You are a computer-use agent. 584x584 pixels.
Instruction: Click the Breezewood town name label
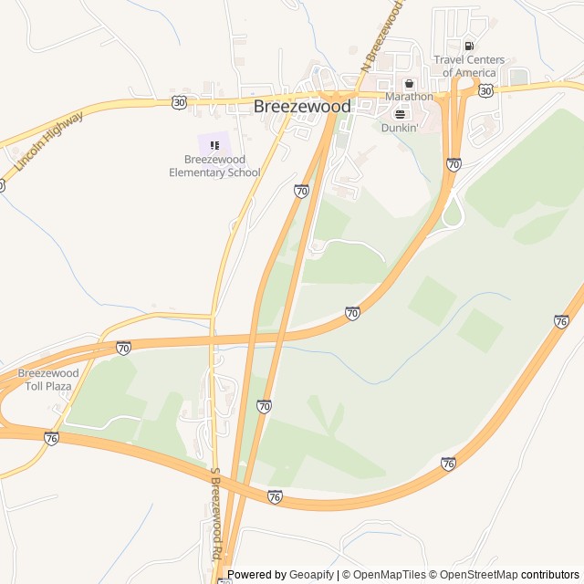(x=301, y=107)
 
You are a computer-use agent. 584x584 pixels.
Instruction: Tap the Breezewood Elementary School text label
(x=214, y=166)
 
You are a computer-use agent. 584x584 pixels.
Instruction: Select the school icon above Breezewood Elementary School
(x=214, y=144)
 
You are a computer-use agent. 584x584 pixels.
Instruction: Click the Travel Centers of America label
(x=469, y=67)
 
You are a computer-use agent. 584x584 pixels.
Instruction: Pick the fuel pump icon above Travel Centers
(x=469, y=47)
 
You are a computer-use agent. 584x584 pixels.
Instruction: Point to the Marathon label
(x=409, y=96)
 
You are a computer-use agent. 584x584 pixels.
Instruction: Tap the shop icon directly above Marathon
(x=409, y=83)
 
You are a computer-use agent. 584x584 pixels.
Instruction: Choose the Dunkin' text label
(x=400, y=128)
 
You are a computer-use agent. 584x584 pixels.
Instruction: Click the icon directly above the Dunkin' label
(x=400, y=114)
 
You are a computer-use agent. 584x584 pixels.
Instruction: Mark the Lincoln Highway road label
(x=49, y=141)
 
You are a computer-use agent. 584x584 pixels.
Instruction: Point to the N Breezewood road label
(x=381, y=36)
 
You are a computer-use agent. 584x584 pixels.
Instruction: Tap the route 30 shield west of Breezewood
(x=178, y=103)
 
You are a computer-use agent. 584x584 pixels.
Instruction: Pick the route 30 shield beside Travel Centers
(x=486, y=90)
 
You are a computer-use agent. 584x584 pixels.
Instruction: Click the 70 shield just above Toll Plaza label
(x=123, y=348)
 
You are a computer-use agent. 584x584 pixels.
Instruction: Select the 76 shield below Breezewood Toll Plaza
(x=51, y=438)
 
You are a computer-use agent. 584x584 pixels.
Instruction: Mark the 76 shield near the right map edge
(x=561, y=321)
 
